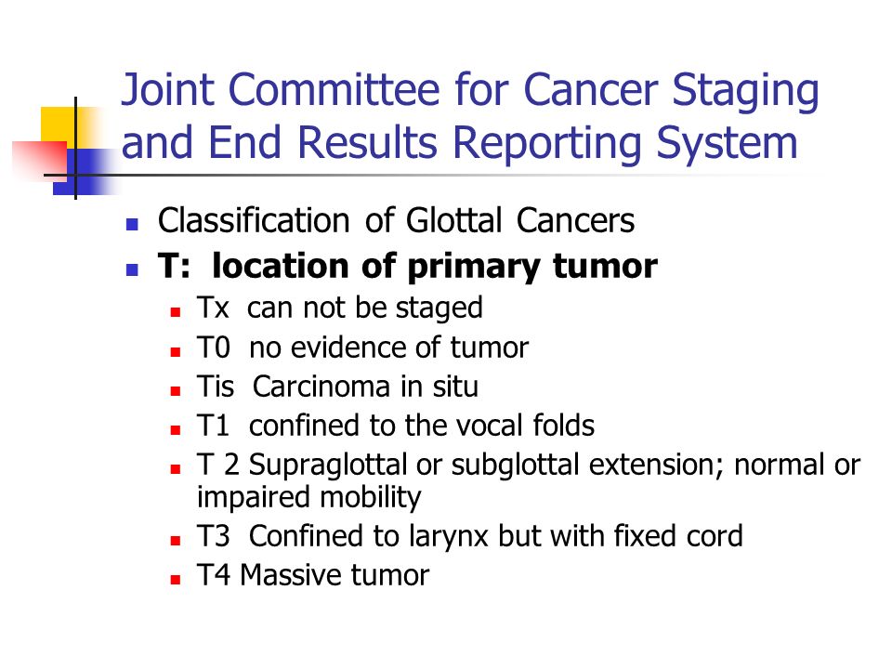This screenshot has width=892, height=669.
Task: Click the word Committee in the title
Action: pos(334,90)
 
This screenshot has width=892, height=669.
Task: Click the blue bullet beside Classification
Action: pos(132,224)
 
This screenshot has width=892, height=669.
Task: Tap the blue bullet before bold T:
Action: pos(132,269)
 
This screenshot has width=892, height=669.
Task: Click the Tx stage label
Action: pos(213,308)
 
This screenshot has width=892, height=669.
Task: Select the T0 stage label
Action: pos(214,348)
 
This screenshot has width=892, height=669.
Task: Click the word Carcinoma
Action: pos(321,387)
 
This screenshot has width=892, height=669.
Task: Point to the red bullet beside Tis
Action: pos(176,391)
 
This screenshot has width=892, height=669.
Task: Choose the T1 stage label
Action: pos(213,426)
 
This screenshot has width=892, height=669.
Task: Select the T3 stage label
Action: pos(214,536)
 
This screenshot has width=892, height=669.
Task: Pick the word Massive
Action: pos(289,575)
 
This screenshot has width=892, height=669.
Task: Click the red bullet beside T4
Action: pos(176,580)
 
